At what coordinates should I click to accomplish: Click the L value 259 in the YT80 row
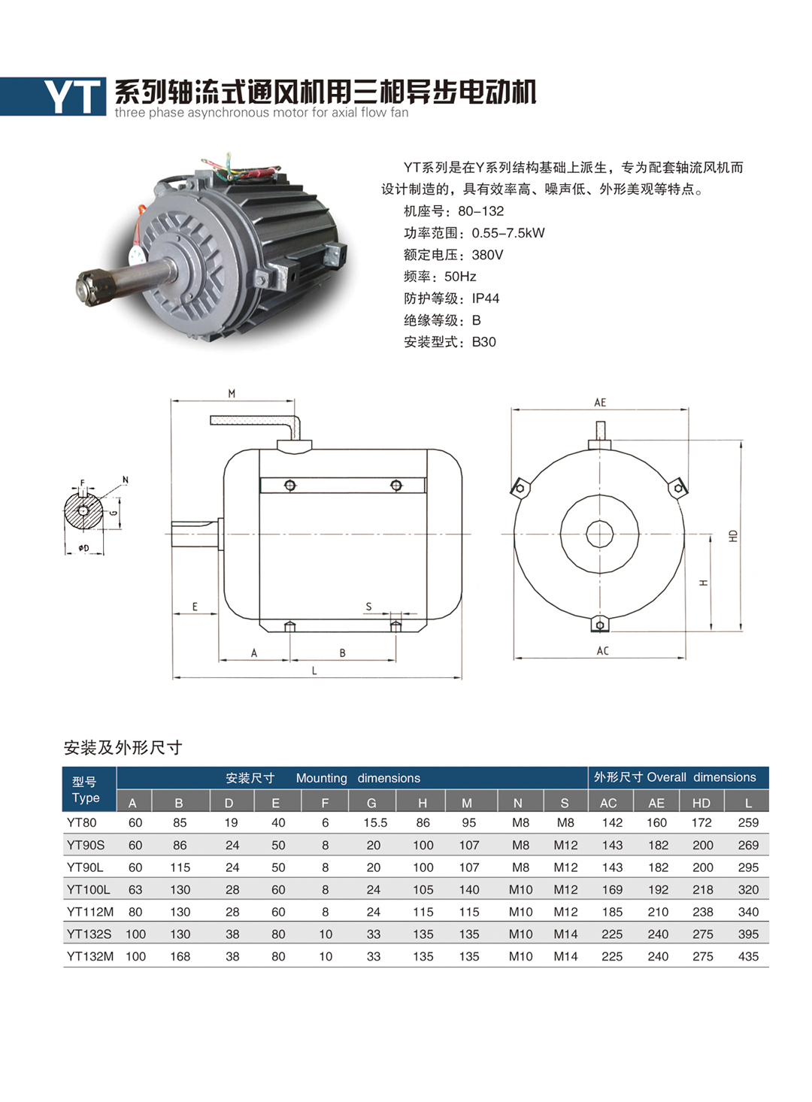pos(748,822)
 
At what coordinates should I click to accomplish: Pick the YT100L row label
pos(89,889)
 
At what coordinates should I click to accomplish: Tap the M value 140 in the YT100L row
pos(469,889)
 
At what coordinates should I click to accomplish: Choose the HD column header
pos(701,804)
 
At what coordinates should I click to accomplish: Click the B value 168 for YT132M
pos(180,956)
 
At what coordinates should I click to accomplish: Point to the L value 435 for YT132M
pos(748,956)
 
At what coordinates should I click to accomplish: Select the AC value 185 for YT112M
pos(612,912)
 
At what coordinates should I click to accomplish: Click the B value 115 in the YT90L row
pos(180,867)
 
